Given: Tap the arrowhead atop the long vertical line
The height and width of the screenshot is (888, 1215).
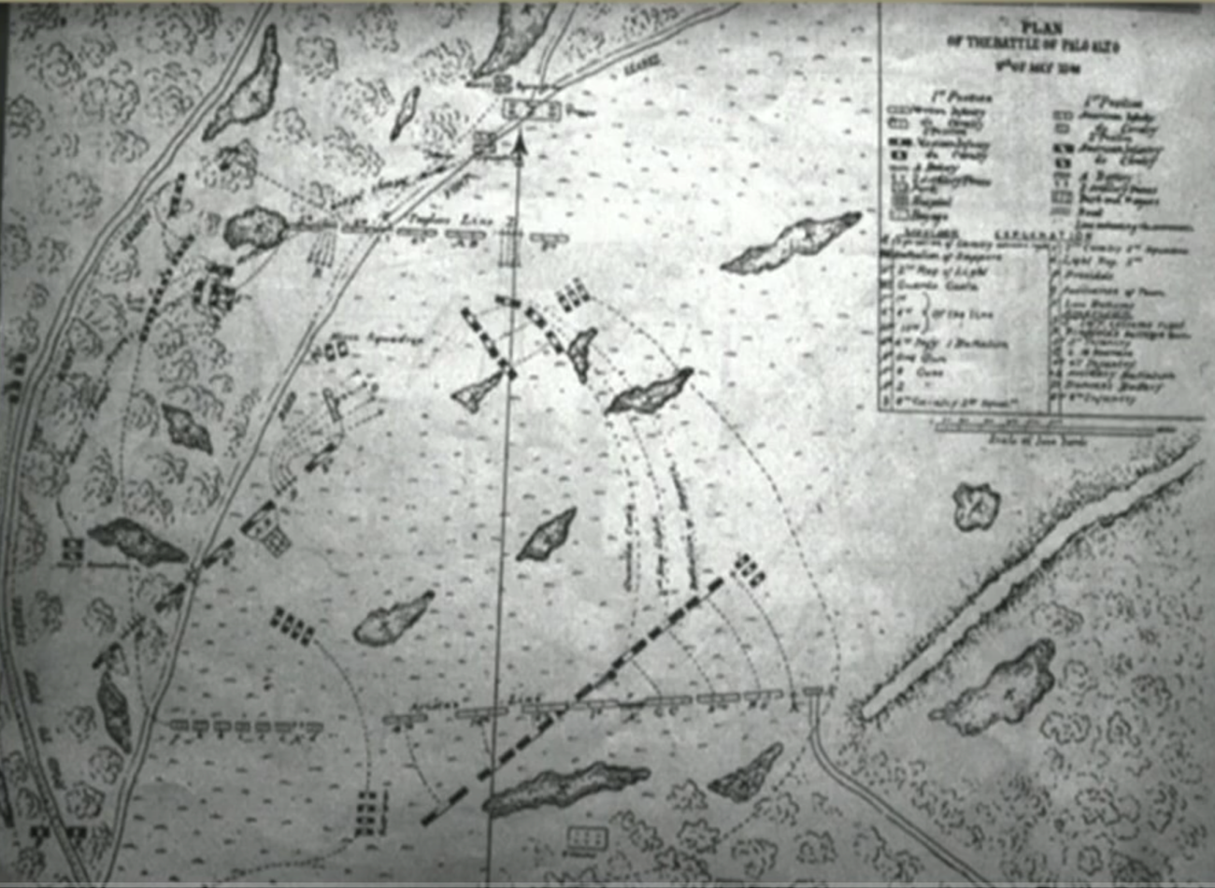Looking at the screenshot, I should pyautogui.click(x=520, y=140).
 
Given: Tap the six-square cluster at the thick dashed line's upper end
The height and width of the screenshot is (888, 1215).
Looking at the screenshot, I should pyautogui.click(x=749, y=569).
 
